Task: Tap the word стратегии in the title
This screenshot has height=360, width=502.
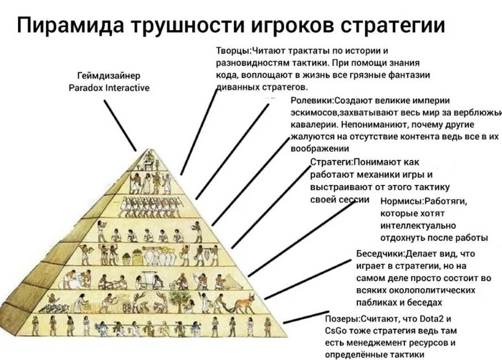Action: click(x=393, y=24)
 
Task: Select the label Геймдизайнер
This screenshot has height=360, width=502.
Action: click(x=109, y=76)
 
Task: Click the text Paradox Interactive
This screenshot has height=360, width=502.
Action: click(x=109, y=87)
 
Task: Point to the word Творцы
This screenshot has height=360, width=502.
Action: click(x=232, y=51)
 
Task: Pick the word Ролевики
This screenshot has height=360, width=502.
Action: click(x=311, y=100)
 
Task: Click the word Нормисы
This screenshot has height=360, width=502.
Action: click(x=401, y=202)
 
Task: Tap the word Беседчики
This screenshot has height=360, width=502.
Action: click(x=379, y=254)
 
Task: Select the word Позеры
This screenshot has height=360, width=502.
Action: click(x=341, y=319)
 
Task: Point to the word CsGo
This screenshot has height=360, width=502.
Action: click(x=336, y=331)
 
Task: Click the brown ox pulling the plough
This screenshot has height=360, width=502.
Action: click(x=245, y=303)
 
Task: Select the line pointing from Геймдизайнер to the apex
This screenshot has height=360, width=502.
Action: click(x=120, y=125)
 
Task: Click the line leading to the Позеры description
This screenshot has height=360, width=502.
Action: click(x=306, y=317)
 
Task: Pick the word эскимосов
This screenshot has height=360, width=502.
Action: click(x=314, y=113)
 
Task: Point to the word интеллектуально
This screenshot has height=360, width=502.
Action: click(x=418, y=226)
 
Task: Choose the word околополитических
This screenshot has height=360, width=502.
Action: click(x=415, y=290)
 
